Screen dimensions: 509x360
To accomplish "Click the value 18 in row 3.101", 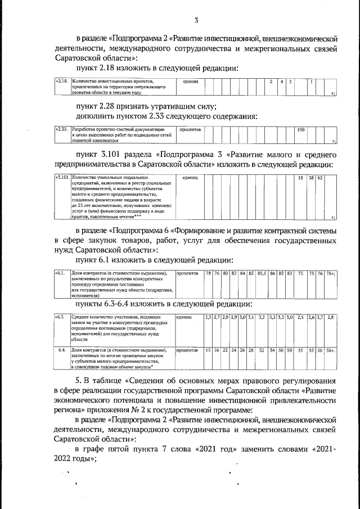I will [300, 178].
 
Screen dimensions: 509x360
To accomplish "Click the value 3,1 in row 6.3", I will [251, 318].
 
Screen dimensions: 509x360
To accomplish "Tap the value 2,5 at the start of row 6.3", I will [208, 318].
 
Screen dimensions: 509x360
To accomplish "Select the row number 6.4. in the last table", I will [62, 350].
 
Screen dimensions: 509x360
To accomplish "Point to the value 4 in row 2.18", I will [281, 82].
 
